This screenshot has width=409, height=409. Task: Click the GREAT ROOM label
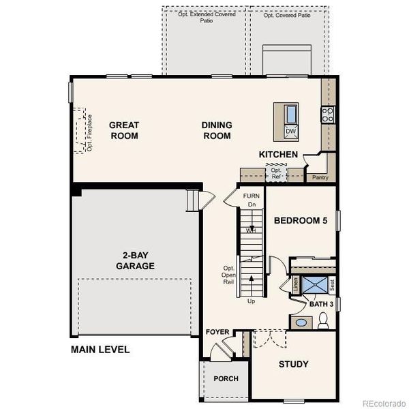(x=124, y=130)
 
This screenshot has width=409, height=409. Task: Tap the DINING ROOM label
(x=216, y=130)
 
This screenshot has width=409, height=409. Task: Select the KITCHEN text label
(x=278, y=155)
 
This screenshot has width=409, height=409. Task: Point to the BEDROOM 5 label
(x=301, y=221)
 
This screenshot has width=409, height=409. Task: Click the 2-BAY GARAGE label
(x=134, y=260)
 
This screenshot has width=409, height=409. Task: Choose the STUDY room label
(x=293, y=364)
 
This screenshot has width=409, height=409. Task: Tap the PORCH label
(x=226, y=378)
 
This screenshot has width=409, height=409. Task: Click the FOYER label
(x=217, y=332)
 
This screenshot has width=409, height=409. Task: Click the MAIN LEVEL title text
(x=100, y=350)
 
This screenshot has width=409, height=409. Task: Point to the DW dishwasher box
(x=291, y=131)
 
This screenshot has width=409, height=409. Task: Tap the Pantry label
(x=320, y=178)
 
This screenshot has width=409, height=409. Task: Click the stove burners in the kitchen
(x=328, y=115)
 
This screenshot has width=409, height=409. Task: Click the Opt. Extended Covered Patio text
(x=207, y=17)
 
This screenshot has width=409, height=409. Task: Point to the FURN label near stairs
(x=252, y=196)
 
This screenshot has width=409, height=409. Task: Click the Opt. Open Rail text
(x=229, y=275)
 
